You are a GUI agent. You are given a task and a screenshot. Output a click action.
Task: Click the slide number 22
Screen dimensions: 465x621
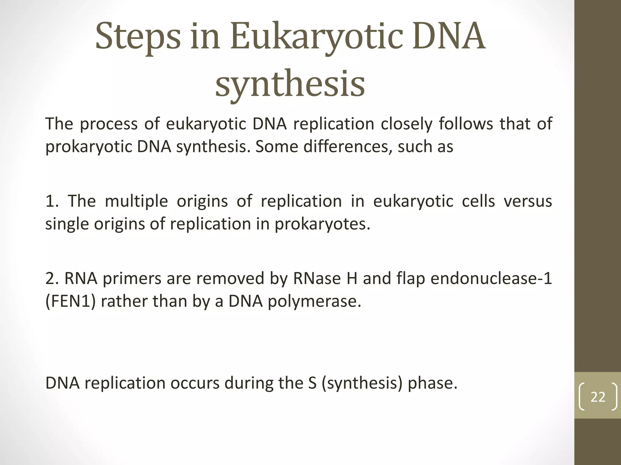[598, 397]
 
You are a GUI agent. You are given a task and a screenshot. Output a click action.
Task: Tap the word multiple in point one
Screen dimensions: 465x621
[136, 201]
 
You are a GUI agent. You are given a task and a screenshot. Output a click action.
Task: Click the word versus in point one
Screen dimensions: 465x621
[528, 201]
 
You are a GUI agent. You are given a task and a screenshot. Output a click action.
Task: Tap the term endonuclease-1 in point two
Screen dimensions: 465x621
[491, 279]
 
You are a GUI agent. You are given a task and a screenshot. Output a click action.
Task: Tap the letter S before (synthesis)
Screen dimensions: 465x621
[312, 383]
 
